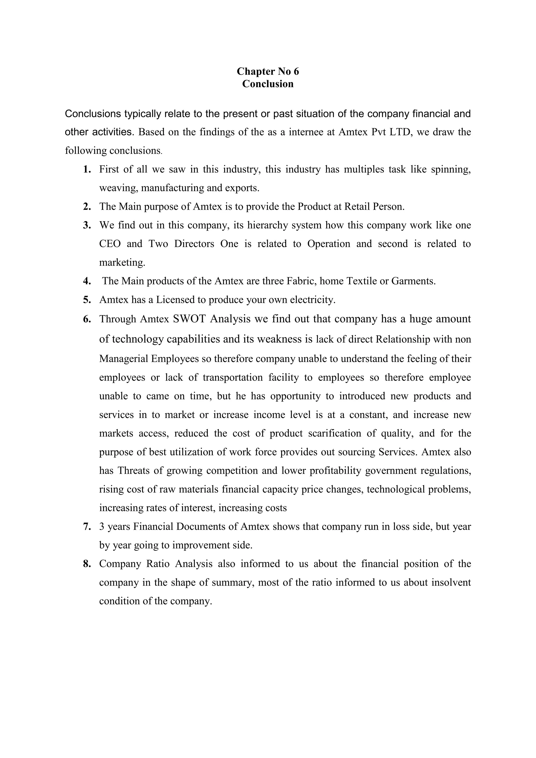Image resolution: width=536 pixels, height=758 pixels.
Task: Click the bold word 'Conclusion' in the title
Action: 268,84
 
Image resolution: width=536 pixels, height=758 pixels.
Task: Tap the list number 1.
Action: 87,169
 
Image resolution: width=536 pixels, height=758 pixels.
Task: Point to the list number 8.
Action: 87,564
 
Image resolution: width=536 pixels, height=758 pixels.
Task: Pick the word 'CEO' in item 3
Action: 110,244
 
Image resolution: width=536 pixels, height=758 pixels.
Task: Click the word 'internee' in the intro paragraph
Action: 309,132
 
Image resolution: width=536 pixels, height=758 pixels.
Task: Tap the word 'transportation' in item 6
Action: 232,377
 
